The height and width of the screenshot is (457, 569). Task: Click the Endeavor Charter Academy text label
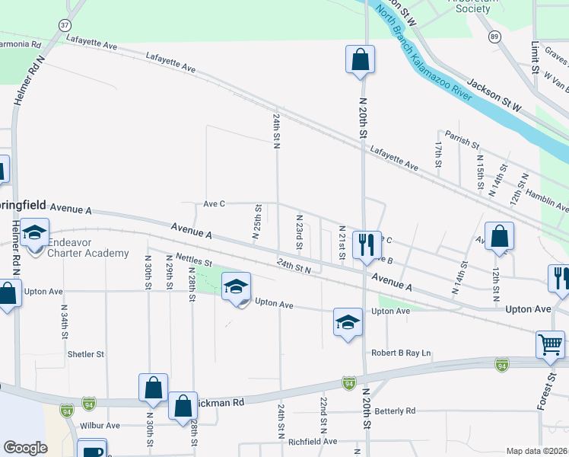point(87,248)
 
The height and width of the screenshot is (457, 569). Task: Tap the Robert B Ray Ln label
point(401,353)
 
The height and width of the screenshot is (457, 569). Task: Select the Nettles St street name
point(192,260)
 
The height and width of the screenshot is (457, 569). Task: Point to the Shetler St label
point(85,354)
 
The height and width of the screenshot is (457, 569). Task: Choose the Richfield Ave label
point(312,441)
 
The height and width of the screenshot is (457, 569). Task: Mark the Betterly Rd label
point(396,411)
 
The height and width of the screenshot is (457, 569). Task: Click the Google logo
point(25,448)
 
